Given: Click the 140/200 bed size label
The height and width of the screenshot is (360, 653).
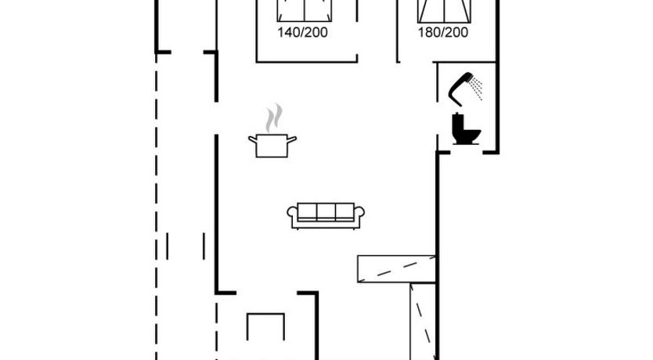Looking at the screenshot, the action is [x=303, y=32].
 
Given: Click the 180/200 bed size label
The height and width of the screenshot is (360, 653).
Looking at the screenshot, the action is [x=443, y=32].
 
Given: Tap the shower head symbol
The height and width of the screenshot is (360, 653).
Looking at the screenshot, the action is [x=460, y=88].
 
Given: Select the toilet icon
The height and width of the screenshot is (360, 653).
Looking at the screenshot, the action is [x=466, y=129].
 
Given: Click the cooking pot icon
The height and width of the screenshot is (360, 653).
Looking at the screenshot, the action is [x=272, y=146].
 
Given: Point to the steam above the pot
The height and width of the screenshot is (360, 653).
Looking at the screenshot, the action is [x=274, y=117].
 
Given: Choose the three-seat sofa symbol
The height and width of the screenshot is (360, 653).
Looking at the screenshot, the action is [x=326, y=216].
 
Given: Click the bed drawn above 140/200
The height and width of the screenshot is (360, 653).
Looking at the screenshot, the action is [x=305, y=11].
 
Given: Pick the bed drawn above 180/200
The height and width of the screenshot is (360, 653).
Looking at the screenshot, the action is [x=445, y=11].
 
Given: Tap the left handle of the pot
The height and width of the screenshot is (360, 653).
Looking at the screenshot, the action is [x=252, y=139].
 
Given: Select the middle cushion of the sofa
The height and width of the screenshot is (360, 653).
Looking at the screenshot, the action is [x=326, y=212].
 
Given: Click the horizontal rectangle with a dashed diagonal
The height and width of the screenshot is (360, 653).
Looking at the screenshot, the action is [x=396, y=269].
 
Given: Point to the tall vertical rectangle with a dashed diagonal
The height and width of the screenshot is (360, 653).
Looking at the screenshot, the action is [x=423, y=322].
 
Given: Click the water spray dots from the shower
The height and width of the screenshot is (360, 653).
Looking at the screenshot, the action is [x=476, y=88].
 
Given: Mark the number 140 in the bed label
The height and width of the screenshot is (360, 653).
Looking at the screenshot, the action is [x=287, y=32].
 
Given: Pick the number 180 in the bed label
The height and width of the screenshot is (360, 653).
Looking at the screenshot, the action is [x=428, y=32].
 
